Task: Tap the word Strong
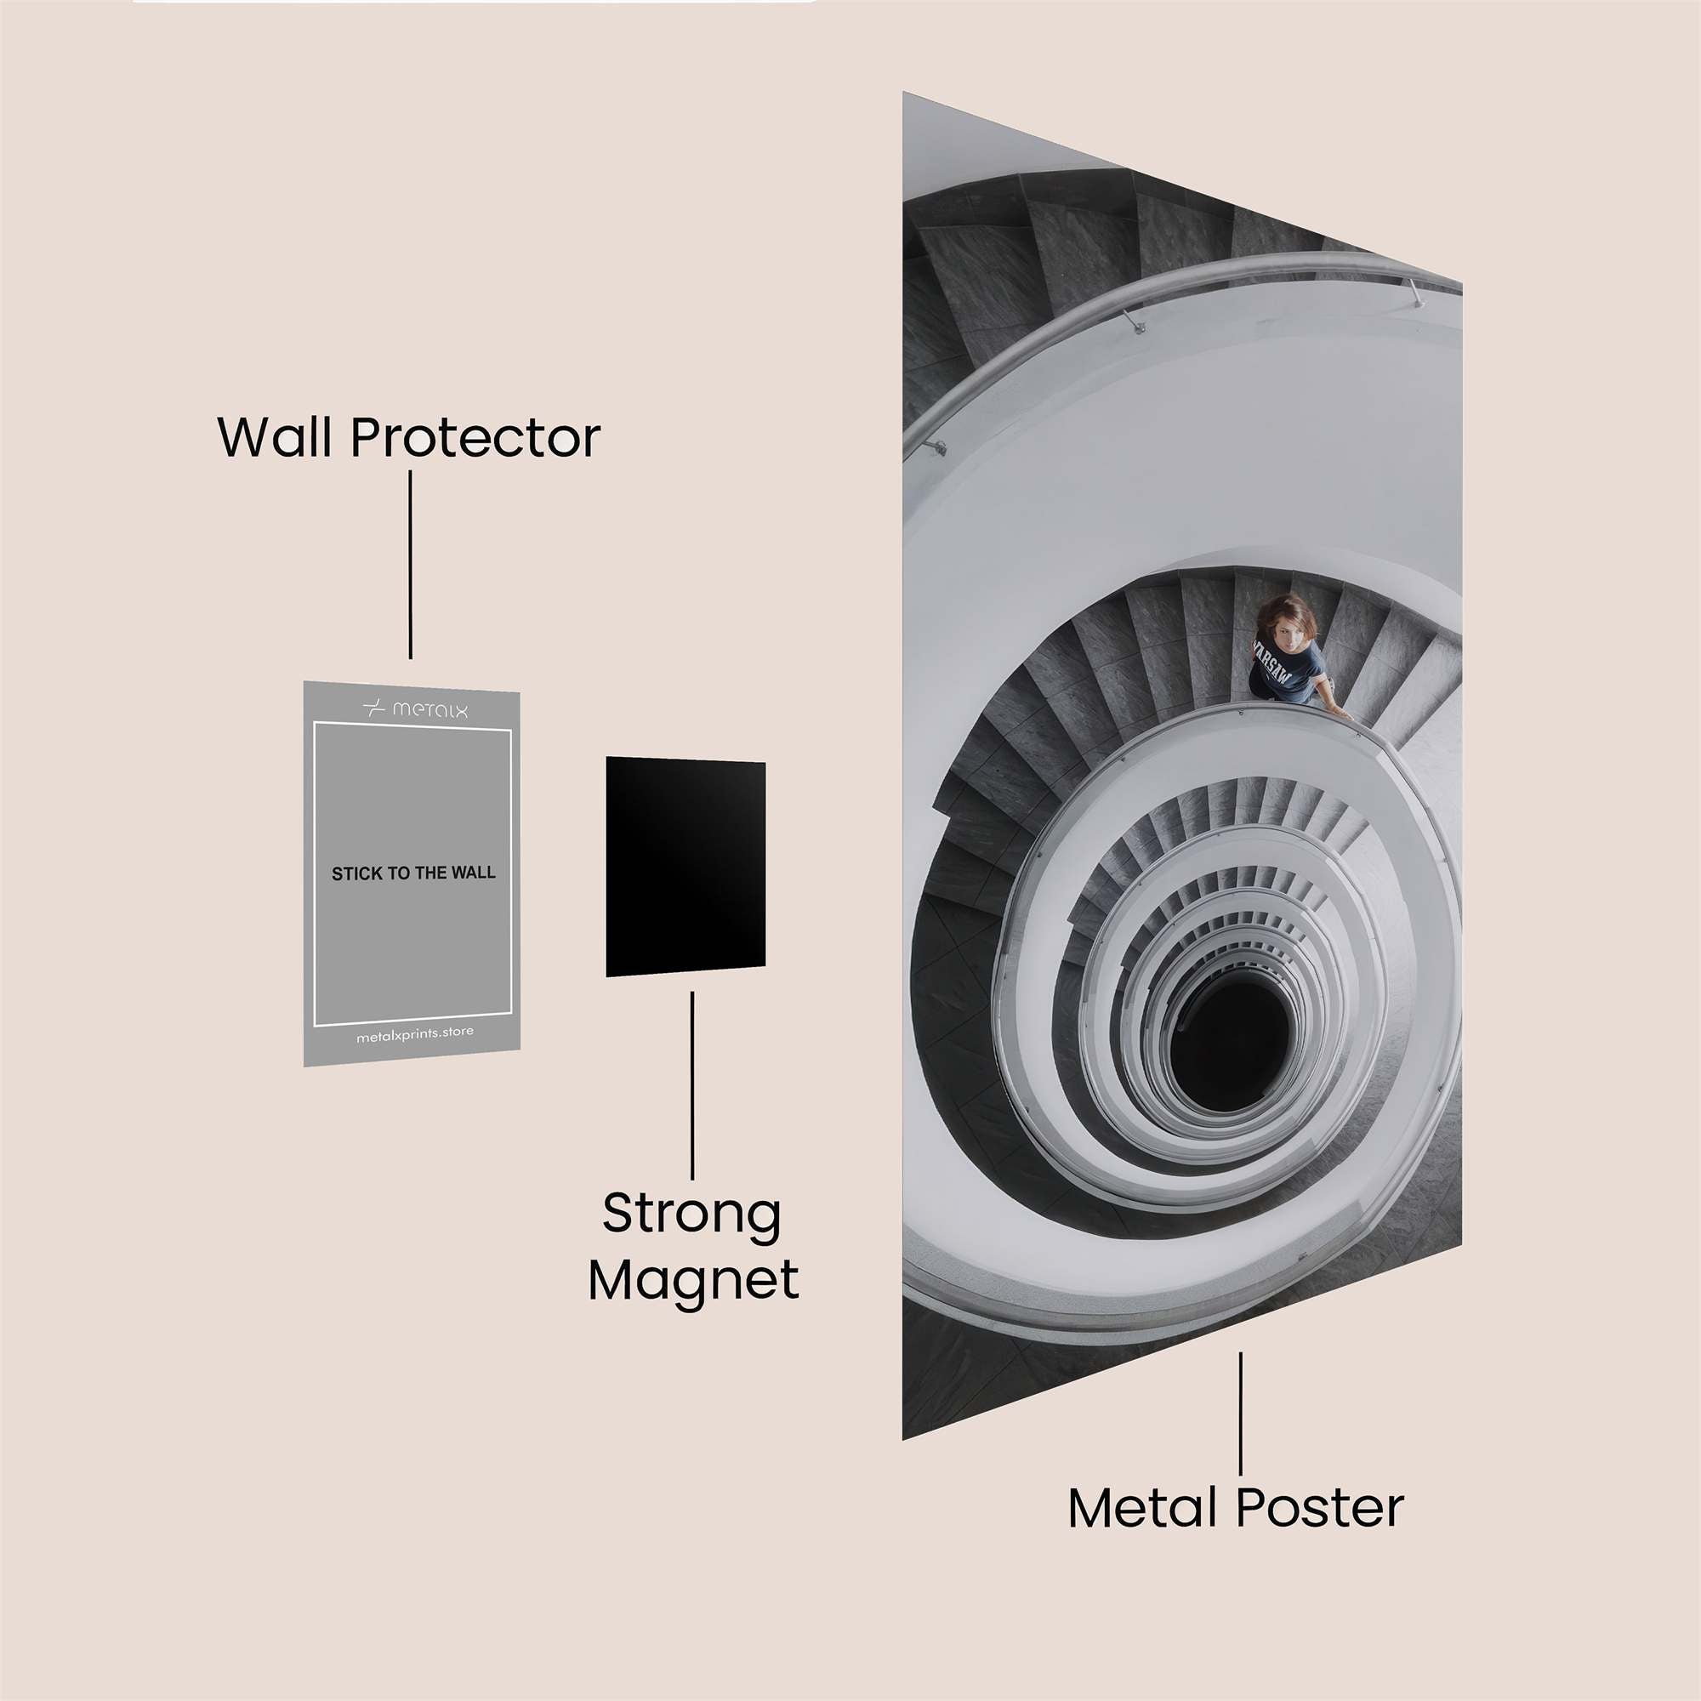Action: coord(692,1215)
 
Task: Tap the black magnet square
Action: coord(685,868)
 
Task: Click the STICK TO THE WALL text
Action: coord(413,873)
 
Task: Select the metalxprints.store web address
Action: coord(415,1033)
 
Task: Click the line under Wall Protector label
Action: coord(410,565)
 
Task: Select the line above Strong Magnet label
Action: coord(692,1085)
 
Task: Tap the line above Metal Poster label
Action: coord(1241,1413)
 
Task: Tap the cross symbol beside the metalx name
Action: coord(374,707)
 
